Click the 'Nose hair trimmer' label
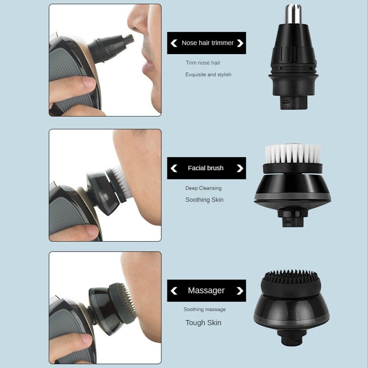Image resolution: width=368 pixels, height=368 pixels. tap(207, 43)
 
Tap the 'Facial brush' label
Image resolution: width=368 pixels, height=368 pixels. tap(206, 168)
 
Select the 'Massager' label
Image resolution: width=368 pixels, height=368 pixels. tap(206, 290)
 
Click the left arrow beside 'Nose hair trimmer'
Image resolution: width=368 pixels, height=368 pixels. tap(174, 43)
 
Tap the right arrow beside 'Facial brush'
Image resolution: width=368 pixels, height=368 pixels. tap(240, 168)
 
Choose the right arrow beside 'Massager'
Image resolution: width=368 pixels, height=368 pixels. tap(240, 291)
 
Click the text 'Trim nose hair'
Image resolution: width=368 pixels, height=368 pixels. tap(203, 63)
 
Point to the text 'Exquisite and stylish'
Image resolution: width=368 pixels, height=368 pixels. tap(208, 75)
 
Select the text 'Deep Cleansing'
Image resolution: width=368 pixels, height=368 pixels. tap(203, 188)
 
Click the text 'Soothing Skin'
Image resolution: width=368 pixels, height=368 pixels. tap(204, 200)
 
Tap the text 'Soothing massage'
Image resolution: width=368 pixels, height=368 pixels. tap(204, 310)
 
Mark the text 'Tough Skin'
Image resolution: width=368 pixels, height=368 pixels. tap(203, 323)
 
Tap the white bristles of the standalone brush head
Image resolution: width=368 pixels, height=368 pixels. tap(293, 153)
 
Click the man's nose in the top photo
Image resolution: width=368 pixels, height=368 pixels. tap(138, 24)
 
